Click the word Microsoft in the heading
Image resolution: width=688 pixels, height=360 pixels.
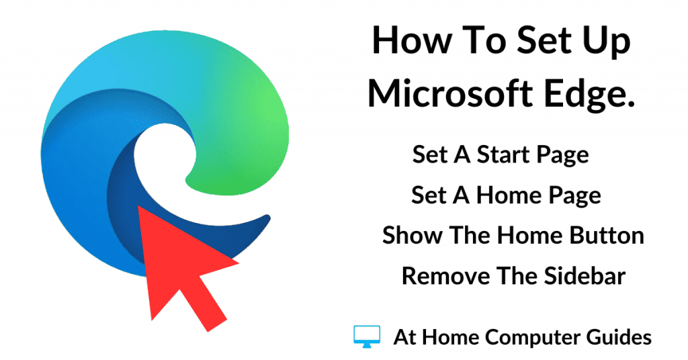(x=449, y=93)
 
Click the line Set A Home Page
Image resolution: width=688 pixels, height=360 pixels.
(x=506, y=196)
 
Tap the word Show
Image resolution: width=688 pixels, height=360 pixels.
(x=413, y=236)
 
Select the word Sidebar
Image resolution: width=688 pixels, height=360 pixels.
(x=585, y=276)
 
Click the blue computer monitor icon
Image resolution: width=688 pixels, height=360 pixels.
(x=367, y=336)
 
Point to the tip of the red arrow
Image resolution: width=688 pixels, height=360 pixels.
(x=138, y=206)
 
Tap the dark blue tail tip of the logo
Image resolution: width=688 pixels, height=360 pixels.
(x=267, y=218)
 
